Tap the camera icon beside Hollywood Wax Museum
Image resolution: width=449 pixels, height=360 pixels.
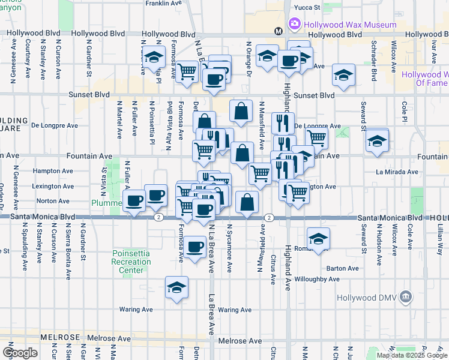pyautogui.click(x=295, y=25)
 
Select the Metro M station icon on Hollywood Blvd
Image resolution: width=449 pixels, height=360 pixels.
pyautogui.click(x=279, y=31)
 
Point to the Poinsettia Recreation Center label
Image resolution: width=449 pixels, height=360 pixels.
pyautogui.click(x=136, y=262)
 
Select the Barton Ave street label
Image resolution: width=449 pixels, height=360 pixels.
pyautogui.click(x=342, y=268)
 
